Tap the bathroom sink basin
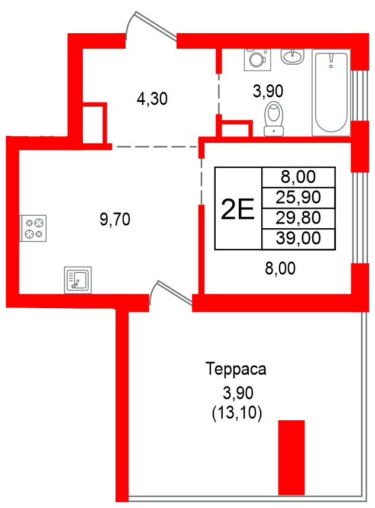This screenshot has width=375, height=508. (x=292, y=57)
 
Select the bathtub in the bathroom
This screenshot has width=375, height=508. (x=331, y=93)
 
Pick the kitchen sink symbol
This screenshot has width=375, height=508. (x=78, y=280)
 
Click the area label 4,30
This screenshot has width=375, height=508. (x=152, y=99)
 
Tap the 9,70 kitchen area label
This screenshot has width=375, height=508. (x=114, y=221)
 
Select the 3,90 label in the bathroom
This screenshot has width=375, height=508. (x=268, y=91)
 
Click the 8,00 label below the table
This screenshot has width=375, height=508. (x=280, y=269)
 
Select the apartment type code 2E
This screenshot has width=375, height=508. (x=237, y=208)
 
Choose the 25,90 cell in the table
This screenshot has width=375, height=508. (x=299, y=197)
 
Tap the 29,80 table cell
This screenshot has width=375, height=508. (x=299, y=218)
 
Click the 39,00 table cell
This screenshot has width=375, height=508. (x=299, y=238)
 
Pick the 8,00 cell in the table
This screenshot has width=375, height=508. (x=299, y=177)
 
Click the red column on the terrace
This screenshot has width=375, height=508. (x=291, y=456)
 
